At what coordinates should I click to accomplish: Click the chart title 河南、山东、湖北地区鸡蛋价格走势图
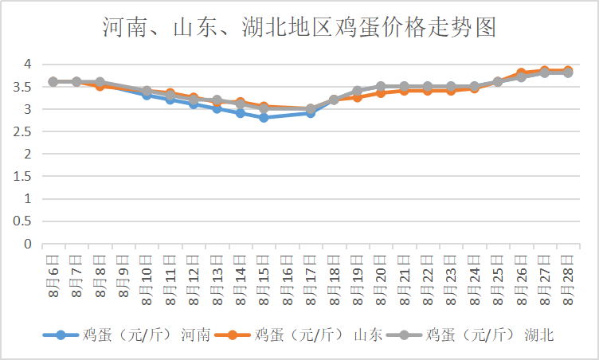pyautogui.click(x=299, y=28)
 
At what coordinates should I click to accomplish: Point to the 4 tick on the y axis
pyautogui.click(x=26, y=64)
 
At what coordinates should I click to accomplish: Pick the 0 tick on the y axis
pyautogui.click(x=26, y=245)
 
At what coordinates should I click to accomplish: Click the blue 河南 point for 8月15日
pyautogui.click(x=264, y=117)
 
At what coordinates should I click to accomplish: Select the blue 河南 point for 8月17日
pyautogui.click(x=311, y=113)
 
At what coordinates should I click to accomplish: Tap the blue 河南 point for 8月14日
pyautogui.click(x=241, y=113)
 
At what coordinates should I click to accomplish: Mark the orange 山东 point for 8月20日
pyautogui.click(x=381, y=93)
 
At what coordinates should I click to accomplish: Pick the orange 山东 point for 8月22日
pyautogui.click(x=428, y=91)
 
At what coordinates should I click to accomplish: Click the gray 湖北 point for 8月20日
pyautogui.click(x=381, y=86)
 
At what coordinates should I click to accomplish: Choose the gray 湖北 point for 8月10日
pyautogui.click(x=147, y=92)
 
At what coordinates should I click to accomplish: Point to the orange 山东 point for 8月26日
pyautogui.click(x=521, y=73)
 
